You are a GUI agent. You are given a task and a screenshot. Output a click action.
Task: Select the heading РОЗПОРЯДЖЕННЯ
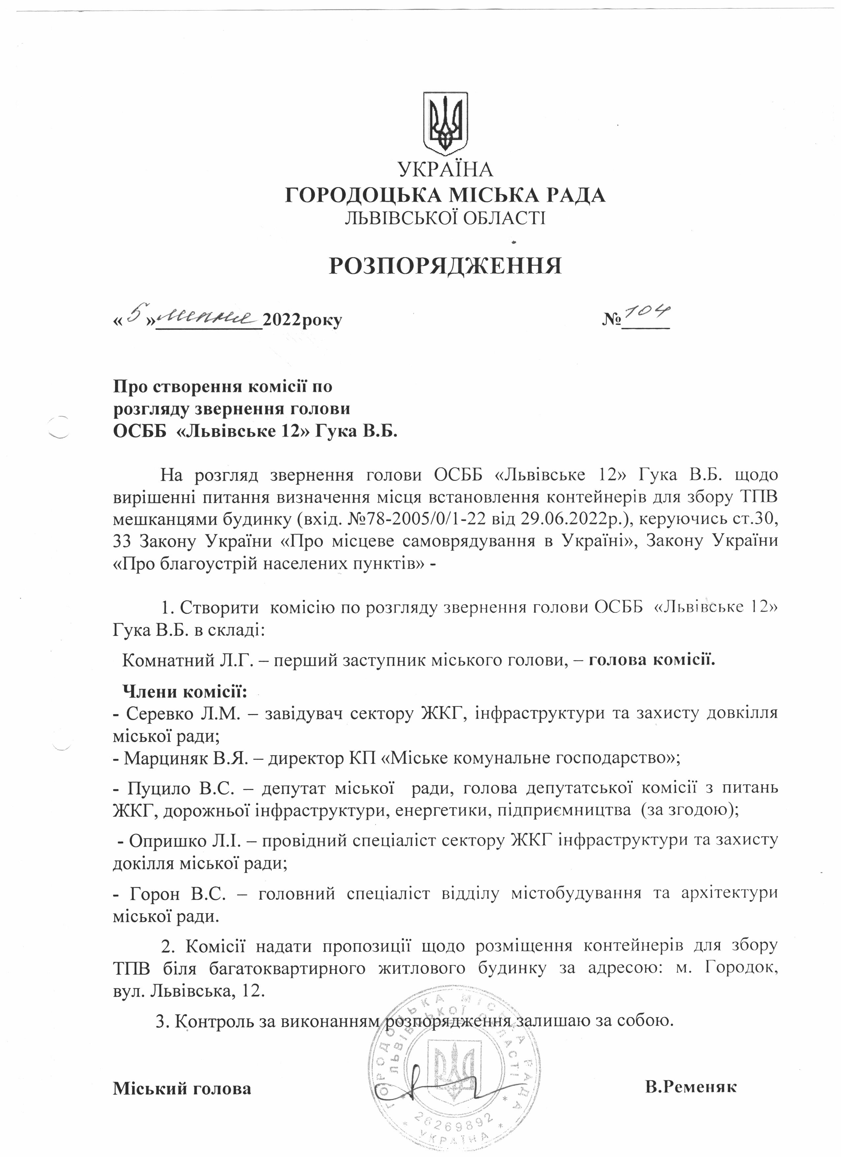[445, 266]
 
